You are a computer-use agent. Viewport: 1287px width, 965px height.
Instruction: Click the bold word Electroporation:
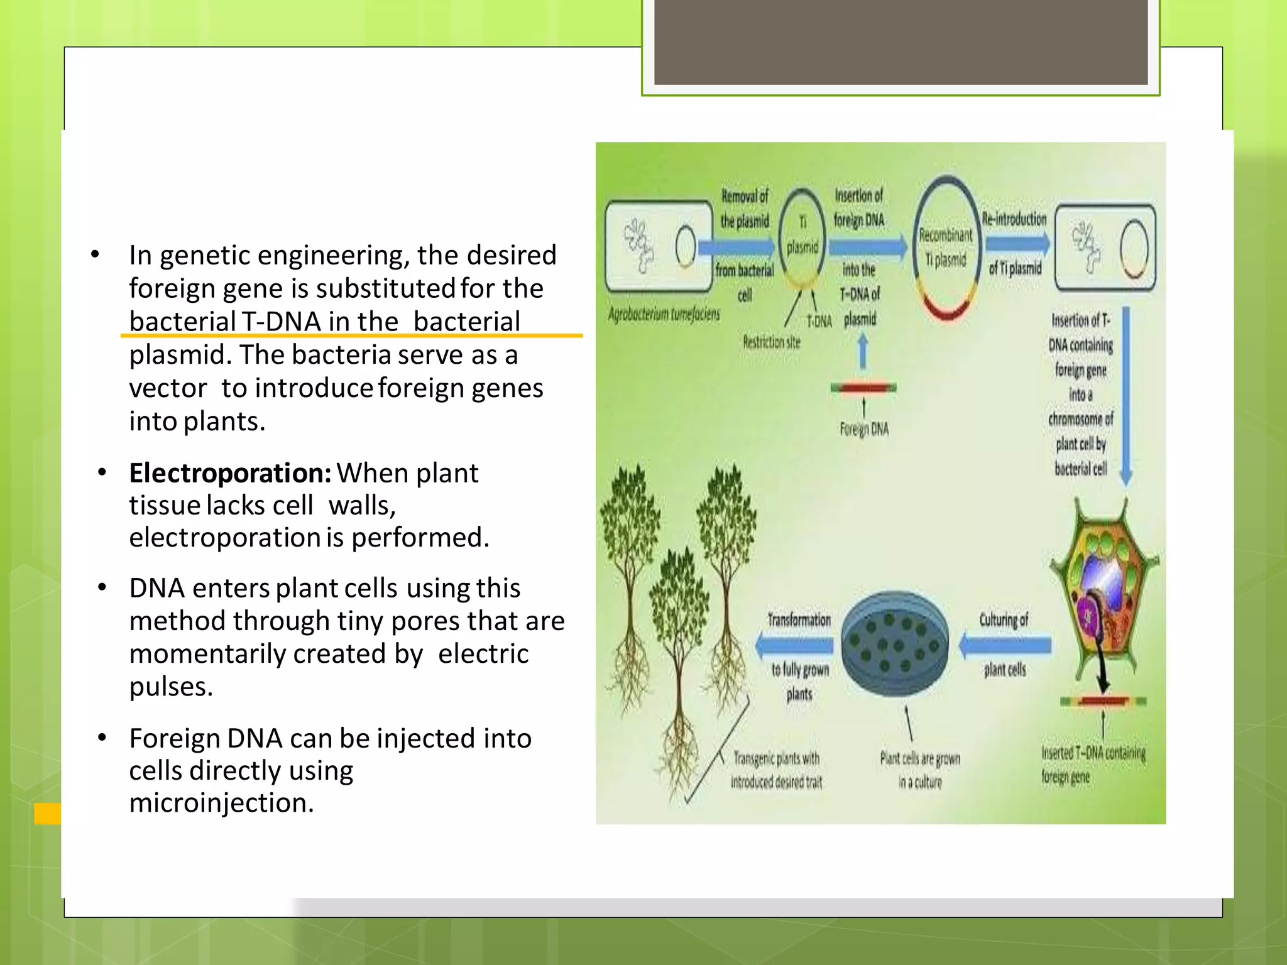[230, 473]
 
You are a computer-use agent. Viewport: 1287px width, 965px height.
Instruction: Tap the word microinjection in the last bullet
[221, 803]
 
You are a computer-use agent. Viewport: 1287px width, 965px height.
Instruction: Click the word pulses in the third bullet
[170, 687]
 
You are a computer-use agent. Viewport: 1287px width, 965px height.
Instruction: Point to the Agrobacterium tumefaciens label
[664, 314]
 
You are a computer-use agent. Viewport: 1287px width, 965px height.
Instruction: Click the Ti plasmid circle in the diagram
[802, 235]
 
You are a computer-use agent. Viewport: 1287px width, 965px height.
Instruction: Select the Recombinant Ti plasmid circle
[946, 248]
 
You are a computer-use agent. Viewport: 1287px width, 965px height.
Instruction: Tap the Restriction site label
[772, 342]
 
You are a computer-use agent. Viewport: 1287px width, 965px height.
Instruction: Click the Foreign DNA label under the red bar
[864, 430]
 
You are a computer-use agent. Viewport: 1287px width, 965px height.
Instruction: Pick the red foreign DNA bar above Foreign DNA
[863, 388]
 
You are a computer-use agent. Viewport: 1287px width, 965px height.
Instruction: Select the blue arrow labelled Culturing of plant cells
[1005, 645]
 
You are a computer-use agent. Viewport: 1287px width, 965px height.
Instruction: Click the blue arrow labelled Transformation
[796, 645]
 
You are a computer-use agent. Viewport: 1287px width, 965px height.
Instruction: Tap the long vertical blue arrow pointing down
[1126, 396]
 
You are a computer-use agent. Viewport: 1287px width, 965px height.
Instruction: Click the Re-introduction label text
[1014, 219]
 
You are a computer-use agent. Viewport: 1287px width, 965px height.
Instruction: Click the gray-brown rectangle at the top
[901, 41]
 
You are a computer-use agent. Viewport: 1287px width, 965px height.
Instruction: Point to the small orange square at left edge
[48, 813]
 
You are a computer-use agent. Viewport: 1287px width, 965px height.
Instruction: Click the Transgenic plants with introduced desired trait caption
[777, 770]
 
